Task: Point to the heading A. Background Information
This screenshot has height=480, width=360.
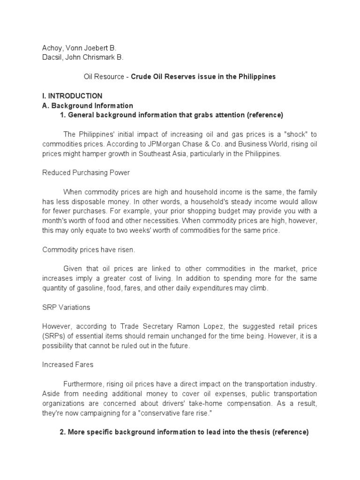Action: (x=88, y=105)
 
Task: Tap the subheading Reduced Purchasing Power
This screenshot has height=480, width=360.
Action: (x=86, y=172)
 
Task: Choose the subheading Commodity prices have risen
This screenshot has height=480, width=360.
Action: (x=89, y=249)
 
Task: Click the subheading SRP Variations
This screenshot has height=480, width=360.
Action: (x=66, y=307)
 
